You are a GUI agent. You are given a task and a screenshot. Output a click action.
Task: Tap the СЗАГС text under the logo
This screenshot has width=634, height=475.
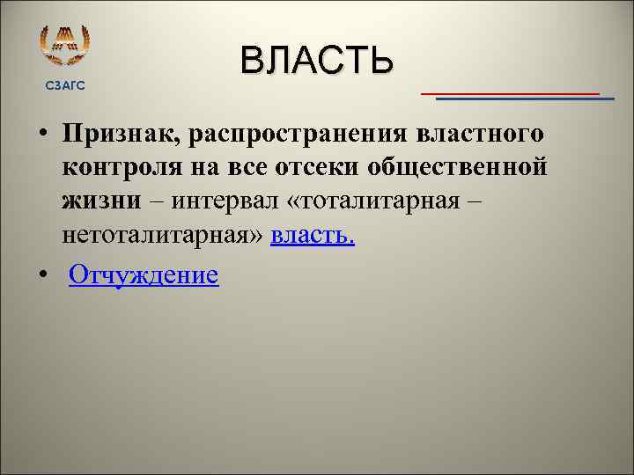tap(65, 84)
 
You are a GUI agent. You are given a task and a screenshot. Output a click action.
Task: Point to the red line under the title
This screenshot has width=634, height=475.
tap(510, 91)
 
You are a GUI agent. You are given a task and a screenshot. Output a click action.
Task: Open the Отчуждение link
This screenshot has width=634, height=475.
tap(144, 275)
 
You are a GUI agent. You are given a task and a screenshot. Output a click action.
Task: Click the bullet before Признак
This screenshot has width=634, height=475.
tap(42, 136)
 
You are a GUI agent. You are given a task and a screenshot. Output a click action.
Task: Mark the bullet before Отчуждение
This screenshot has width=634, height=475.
tap(42, 277)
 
